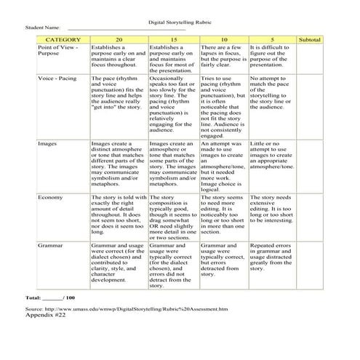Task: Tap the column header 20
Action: click(x=118, y=38)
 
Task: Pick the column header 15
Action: click(x=173, y=38)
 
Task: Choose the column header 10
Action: click(x=224, y=38)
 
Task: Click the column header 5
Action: click(x=272, y=38)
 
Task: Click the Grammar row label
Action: click(x=50, y=247)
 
